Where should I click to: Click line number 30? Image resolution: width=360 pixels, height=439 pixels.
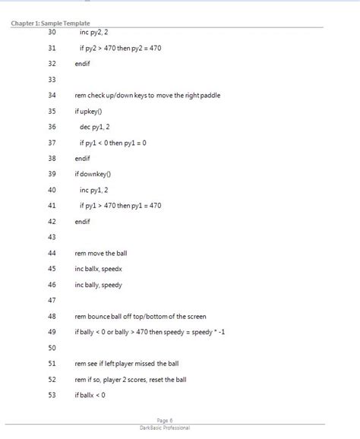click(52, 33)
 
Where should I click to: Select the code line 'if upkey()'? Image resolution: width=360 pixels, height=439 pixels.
click(93, 111)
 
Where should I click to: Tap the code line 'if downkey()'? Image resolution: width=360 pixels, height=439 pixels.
click(98, 174)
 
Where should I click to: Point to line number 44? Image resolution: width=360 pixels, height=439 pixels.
click(52, 252)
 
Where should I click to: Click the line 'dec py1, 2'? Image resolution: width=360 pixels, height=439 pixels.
click(97, 127)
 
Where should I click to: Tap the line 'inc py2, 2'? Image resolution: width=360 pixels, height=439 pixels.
click(96, 33)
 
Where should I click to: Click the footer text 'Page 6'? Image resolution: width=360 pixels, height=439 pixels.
click(165, 420)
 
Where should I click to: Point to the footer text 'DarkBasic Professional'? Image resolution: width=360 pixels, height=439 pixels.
click(165, 428)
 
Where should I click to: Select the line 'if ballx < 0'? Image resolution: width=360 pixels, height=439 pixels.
click(90, 394)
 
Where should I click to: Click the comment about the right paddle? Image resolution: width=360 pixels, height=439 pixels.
click(147, 96)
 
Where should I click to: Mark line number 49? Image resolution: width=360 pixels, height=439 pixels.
click(52, 331)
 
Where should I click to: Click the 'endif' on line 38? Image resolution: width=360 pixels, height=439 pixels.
click(83, 158)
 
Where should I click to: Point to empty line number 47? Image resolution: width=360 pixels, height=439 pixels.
click(52, 300)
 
